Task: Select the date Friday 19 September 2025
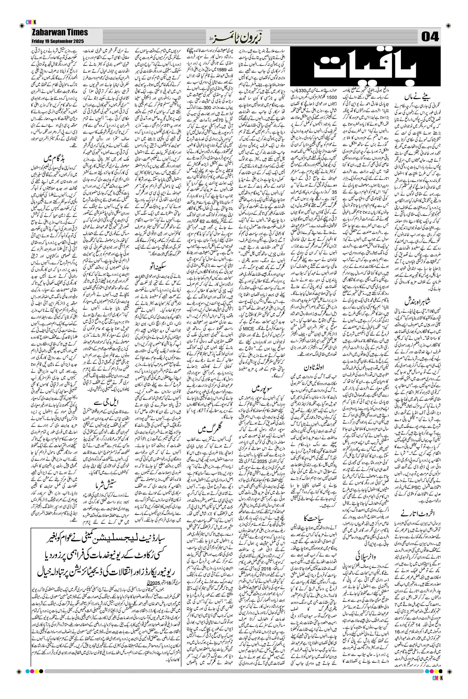tap(57, 41)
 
